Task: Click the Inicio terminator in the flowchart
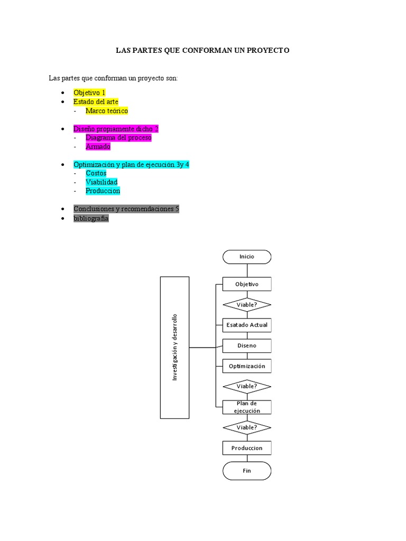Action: pyautogui.click(x=247, y=257)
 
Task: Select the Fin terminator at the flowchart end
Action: pyautogui.click(x=247, y=471)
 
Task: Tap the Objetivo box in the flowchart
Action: pyautogui.click(x=247, y=284)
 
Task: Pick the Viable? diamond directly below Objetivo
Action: pyautogui.click(x=247, y=305)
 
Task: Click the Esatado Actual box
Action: pyautogui.click(x=247, y=325)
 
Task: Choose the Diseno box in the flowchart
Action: pyautogui.click(x=247, y=346)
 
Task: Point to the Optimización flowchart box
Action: pyautogui.click(x=247, y=366)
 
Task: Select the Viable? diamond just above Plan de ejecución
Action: pyautogui.click(x=247, y=386)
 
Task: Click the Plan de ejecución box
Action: pyautogui.click(x=247, y=407)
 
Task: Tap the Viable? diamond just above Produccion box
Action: pyautogui.click(x=247, y=427)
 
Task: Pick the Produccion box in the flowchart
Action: pyautogui.click(x=247, y=448)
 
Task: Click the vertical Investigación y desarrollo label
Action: pyautogui.click(x=174, y=348)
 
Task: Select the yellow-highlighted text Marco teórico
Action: pyautogui.click(x=107, y=111)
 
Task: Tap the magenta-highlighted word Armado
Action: pyautogui.click(x=98, y=147)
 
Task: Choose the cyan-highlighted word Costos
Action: pyautogui.click(x=96, y=173)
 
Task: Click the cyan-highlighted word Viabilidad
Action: pyautogui.click(x=101, y=182)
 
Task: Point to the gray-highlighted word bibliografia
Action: pyautogui.click(x=91, y=218)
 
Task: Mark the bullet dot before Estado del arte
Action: pyautogui.click(x=62, y=102)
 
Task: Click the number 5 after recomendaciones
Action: pyautogui.click(x=177, y=209)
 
